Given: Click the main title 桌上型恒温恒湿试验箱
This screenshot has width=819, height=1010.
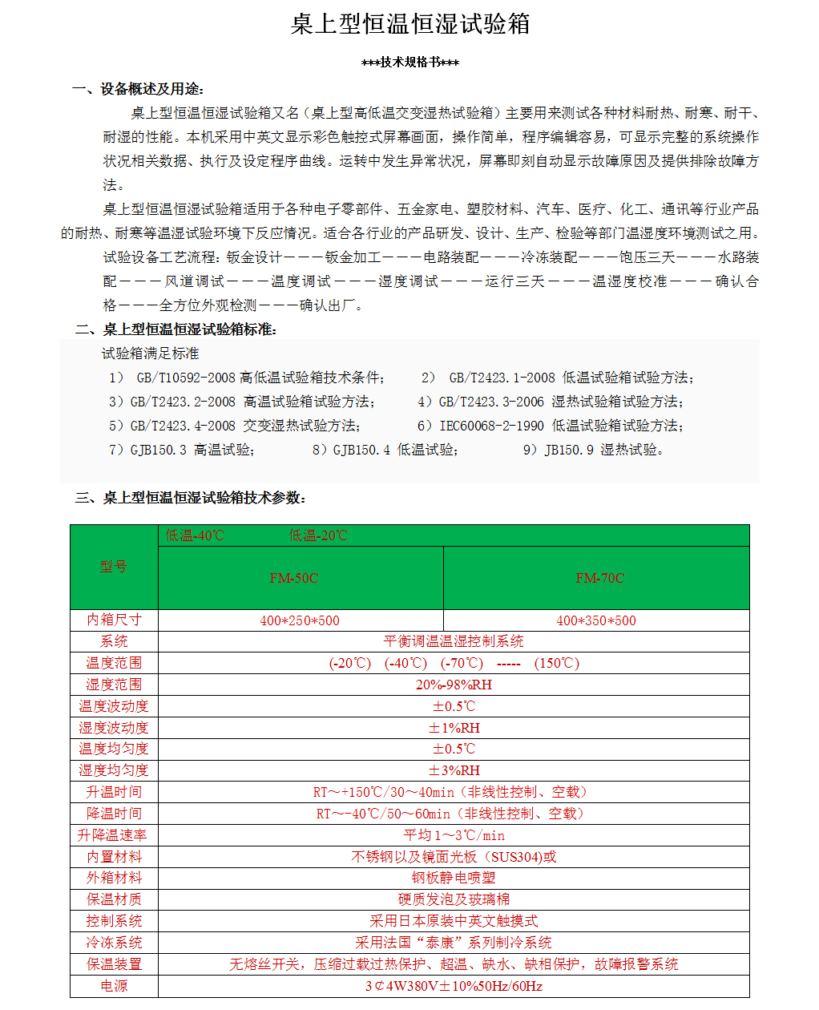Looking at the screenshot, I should [409, 25].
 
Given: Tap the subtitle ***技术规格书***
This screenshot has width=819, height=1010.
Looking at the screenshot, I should [409, 63].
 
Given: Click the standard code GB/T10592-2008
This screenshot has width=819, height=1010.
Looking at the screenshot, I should [186, 378].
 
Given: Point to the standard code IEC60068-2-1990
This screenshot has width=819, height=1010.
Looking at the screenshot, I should [491, 426].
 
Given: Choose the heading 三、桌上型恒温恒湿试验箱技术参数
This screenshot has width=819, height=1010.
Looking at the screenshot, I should [192, 498].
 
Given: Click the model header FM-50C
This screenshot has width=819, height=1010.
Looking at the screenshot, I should [294, 578].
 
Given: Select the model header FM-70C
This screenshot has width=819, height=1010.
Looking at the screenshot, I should [599, 578].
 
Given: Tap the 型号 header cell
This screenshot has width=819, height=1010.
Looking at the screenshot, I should [114, 567].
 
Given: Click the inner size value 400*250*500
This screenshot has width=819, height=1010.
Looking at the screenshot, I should [300, 620].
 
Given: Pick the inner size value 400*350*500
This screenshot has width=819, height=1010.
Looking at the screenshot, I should [596, 620].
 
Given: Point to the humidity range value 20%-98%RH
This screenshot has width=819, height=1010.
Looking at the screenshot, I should [454, 685].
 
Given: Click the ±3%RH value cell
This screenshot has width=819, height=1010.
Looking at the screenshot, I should [454, 770].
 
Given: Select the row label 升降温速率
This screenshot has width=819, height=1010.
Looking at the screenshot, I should [113, 835].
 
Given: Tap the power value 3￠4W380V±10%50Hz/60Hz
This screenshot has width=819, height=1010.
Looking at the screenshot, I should [454, 986].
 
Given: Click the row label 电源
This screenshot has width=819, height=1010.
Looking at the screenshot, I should [114, 986].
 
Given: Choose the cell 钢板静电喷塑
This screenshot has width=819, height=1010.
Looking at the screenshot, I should [454, 878].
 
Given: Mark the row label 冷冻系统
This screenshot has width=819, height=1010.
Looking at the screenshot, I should [114, 943].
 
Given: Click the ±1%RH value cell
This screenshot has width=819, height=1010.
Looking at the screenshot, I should [454, 728].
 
